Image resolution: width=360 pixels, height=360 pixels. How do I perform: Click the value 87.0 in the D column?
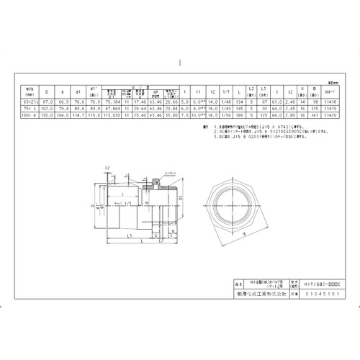point(48,103)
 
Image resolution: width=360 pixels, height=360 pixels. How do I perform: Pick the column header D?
point(48,91)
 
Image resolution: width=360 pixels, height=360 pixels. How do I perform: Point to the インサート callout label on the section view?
point(171,174)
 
